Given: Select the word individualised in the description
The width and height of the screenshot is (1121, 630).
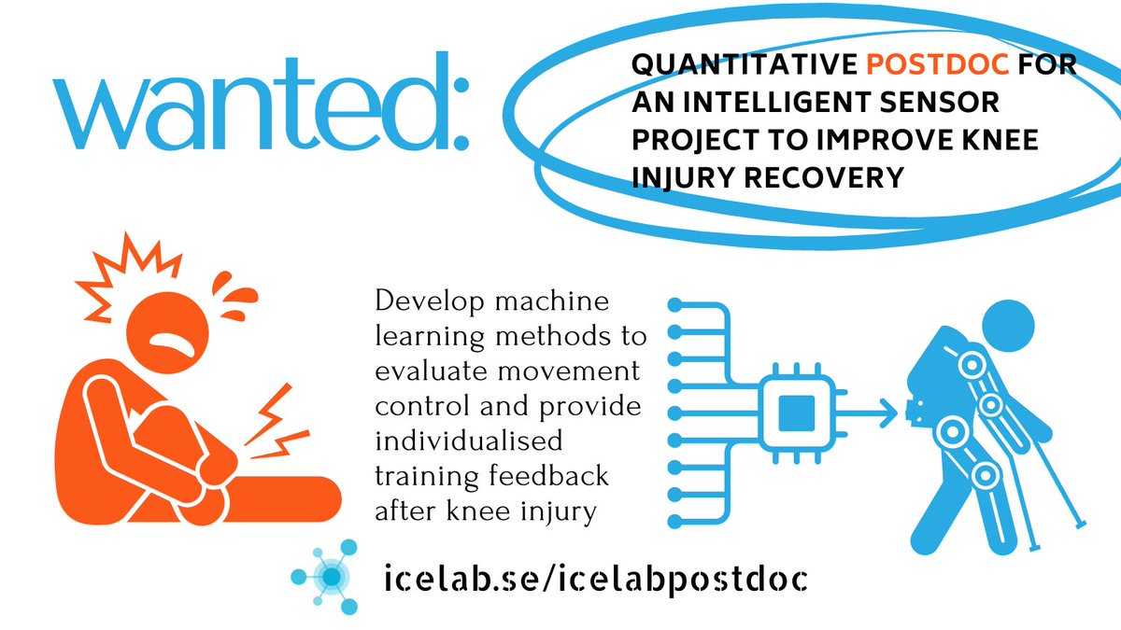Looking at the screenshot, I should pyautogui.click(x=468, y=441).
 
